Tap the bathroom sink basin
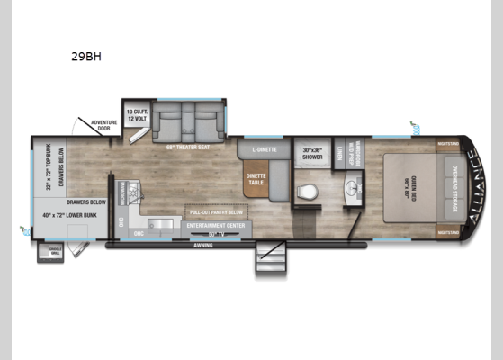[x=351, y=189]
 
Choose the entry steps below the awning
[x=269, y=260]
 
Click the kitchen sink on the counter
[x=161, y=222]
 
